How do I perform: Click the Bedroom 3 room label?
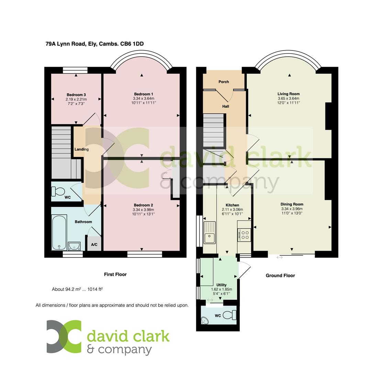tap(76, 95)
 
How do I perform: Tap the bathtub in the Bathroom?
tap(59, 233)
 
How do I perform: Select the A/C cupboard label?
tap(94, 245)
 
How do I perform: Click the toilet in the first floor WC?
tap(59, 191)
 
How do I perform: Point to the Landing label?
tap(81, 149)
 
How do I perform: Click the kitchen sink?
tap(209, 233)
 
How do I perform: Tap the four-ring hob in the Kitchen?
tap(244, 235)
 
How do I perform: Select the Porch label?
tap(224, 82)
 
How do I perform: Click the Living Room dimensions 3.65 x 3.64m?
tap(289, 98)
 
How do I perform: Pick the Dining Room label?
tap(292, 204)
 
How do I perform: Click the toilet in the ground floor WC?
tap(230, 315)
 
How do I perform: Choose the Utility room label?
tap(221, 285)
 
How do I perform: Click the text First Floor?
tap(115, 274)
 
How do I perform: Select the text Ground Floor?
tap(280, 276)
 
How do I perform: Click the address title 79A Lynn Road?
tap(94, 44)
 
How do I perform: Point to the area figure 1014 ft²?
tap(95, 289)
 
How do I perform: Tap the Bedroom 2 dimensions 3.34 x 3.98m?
tap(143, 210)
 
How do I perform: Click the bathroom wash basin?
tap(74, 246)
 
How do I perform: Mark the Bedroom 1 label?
tap(143, 94)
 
